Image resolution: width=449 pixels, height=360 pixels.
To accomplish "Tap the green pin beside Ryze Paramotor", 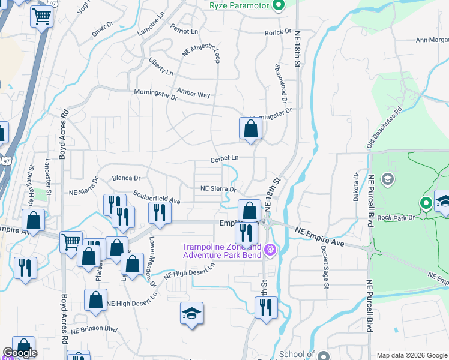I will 278,6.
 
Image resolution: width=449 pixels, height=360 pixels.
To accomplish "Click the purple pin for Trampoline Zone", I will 270,249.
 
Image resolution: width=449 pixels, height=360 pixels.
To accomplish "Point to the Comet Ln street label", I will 225,159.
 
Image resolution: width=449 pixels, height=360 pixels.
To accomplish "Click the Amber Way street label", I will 193,95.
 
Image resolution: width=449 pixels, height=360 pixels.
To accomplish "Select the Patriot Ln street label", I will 184,30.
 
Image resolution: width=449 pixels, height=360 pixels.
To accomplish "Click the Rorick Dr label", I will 278,32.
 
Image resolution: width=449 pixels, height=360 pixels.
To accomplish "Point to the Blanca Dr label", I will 126,178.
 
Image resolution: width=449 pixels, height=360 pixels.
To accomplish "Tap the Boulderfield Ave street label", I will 157,196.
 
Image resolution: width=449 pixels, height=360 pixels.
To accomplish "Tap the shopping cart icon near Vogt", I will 41,17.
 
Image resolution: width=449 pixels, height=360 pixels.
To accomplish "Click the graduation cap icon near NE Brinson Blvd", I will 191,314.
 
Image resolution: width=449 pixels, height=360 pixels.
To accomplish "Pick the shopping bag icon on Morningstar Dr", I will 250,128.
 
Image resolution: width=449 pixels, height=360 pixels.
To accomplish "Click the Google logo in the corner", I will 20,353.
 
